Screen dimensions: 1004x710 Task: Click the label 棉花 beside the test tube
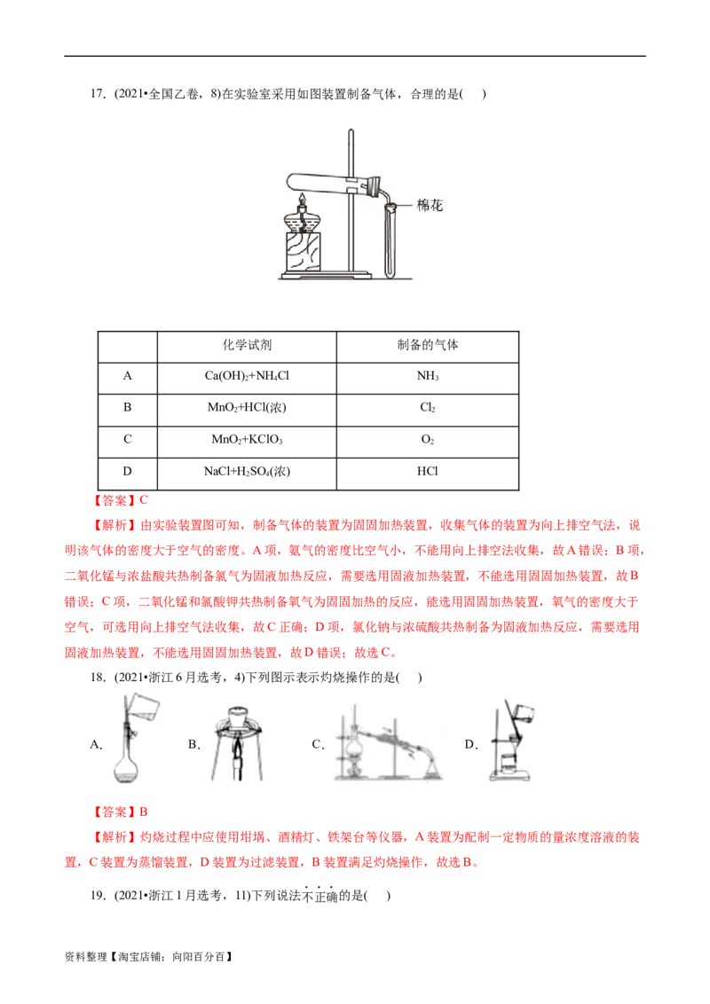[430, 206]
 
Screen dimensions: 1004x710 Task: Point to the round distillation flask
[353, 747]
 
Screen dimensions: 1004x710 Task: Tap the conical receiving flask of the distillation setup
[432, 768]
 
